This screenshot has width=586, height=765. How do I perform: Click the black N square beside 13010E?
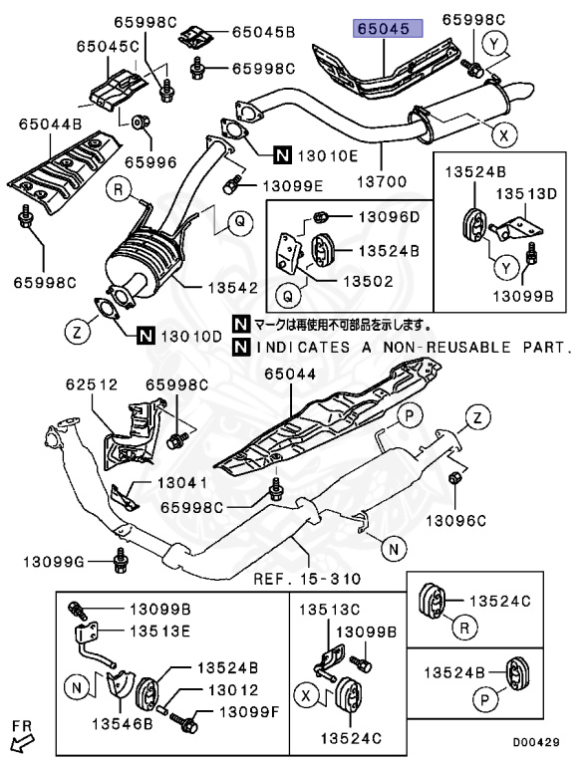point(283,154)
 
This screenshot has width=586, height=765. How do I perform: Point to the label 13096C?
point(456,520)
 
